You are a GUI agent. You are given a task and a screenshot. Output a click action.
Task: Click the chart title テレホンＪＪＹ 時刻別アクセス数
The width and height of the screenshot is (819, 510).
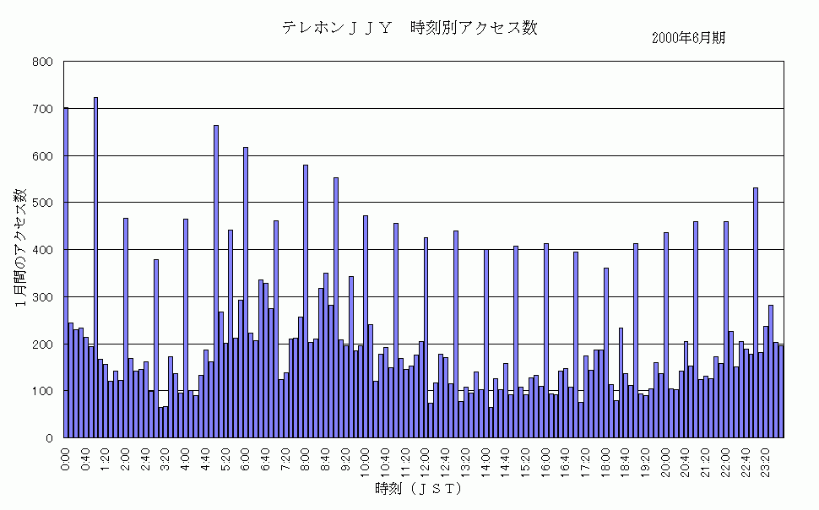click(x=409, y=28)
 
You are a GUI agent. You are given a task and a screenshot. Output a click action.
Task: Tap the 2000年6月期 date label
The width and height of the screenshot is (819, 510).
click(x=688, y=38)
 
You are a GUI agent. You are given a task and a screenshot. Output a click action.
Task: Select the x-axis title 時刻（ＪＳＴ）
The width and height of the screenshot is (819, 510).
click(x=418, y=489)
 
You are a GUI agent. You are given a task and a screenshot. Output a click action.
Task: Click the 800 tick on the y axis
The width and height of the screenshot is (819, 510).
click(x=44, y=62)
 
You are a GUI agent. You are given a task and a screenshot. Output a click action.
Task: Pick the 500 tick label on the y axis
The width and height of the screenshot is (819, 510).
click(x=44, y=203)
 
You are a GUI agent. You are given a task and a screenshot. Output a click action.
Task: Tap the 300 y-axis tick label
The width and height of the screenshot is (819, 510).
click(x=44, y=297)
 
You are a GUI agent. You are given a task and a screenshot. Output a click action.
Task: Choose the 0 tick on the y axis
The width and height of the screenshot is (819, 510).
click(x=50, y=438)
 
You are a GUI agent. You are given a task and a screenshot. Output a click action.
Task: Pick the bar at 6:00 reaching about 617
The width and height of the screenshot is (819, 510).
click(x=246, y=292)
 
